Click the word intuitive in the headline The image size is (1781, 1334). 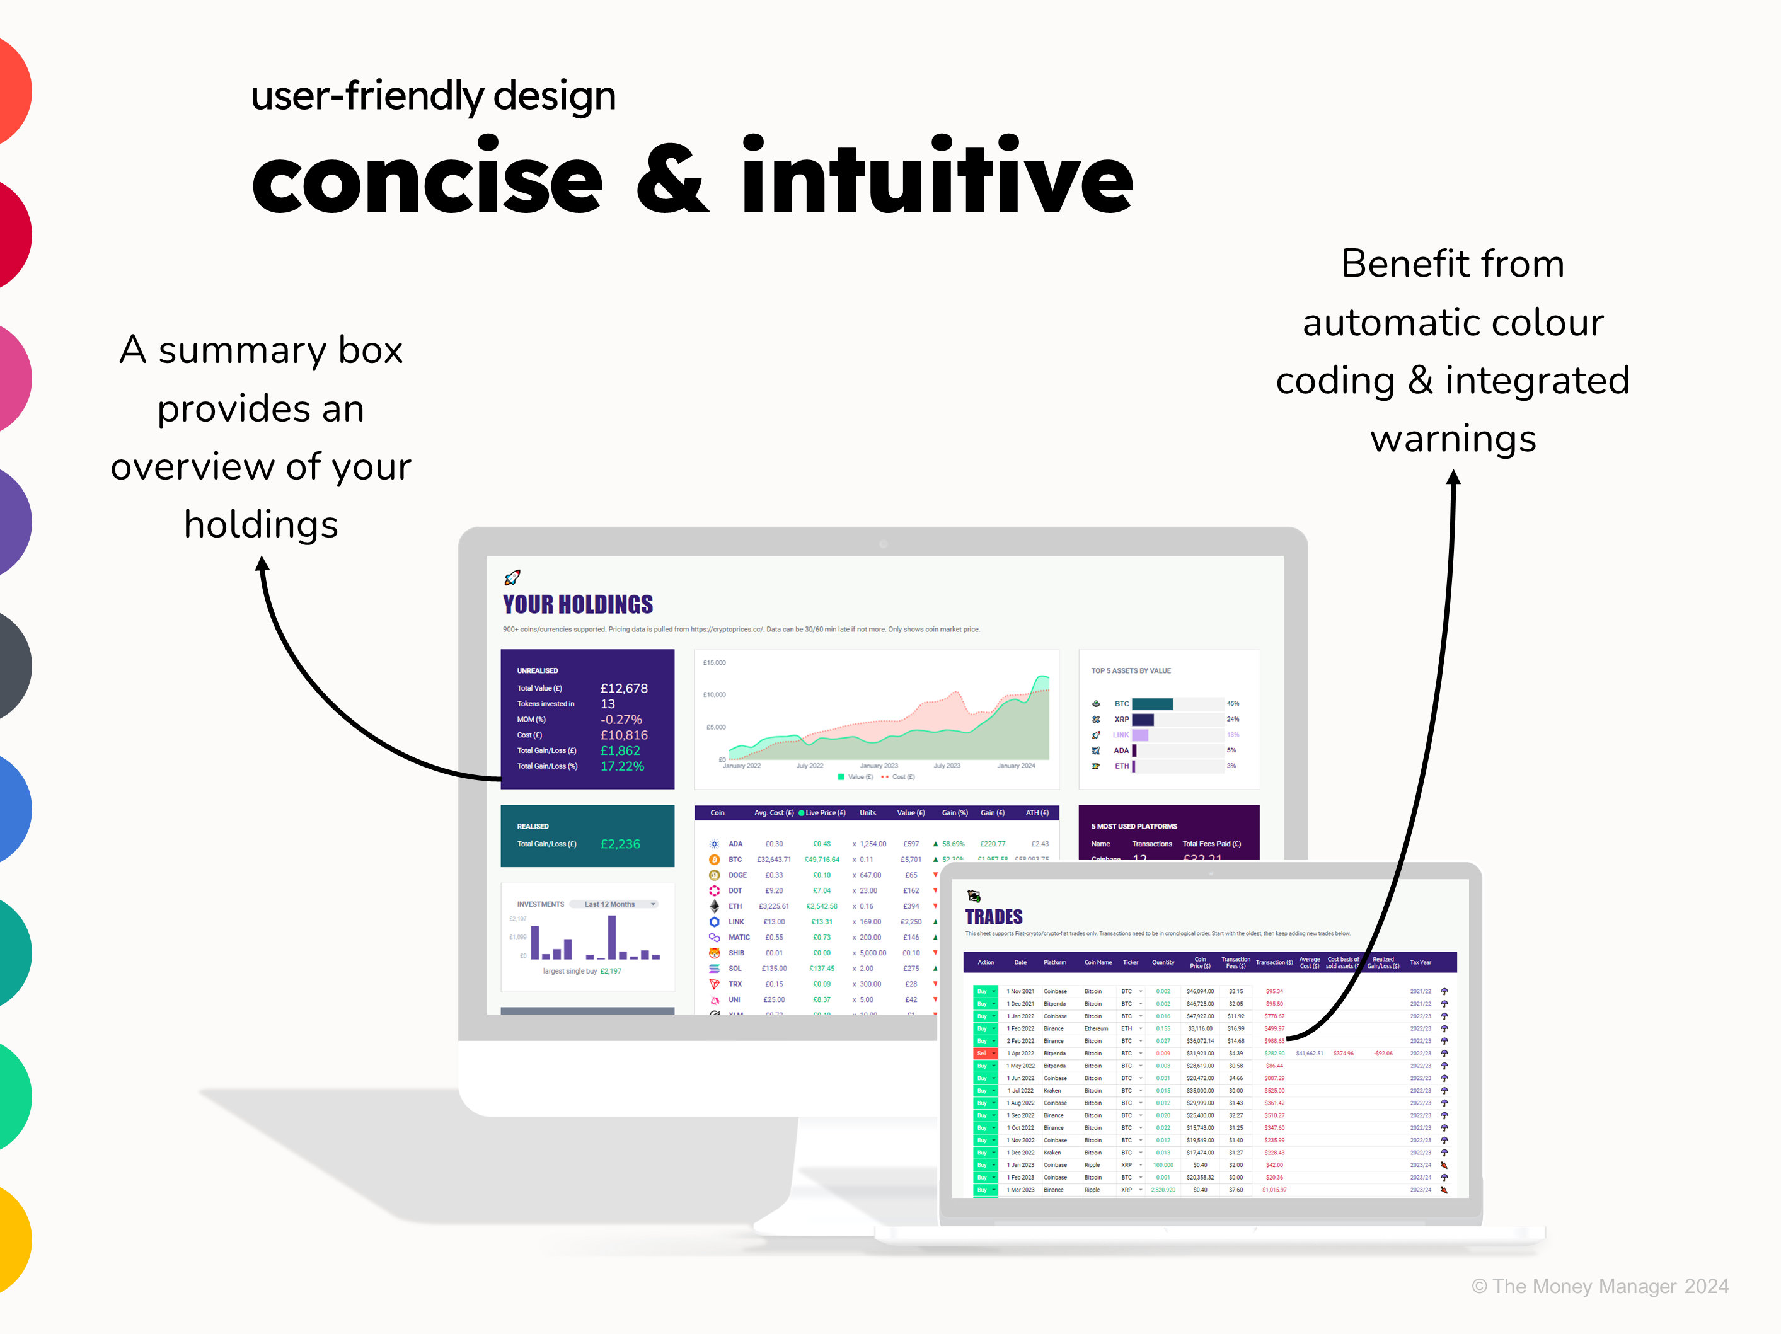(x=937, y=177)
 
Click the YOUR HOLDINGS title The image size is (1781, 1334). (x=577, y=604)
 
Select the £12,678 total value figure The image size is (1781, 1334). (x=623, y=688)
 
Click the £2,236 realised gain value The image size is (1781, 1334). (x=620, y=844)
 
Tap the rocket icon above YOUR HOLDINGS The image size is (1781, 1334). (x=512, y=577)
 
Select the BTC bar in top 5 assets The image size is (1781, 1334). (x=1152, y=704)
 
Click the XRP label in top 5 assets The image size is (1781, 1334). (x=1121, y=719)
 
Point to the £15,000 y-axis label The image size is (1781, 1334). (x=714, y=662)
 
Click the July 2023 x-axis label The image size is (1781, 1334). (x=947, y=766)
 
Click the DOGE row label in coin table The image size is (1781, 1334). (x=737, y=875)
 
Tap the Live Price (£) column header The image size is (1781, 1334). (x=824, y=813)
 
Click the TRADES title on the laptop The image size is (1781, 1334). (x=994, y=917)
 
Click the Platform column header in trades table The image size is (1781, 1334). (x=1055, y=962)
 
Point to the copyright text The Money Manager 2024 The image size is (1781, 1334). (x=1600, y=1285)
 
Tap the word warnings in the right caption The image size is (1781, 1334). (x=1453, y=439)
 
